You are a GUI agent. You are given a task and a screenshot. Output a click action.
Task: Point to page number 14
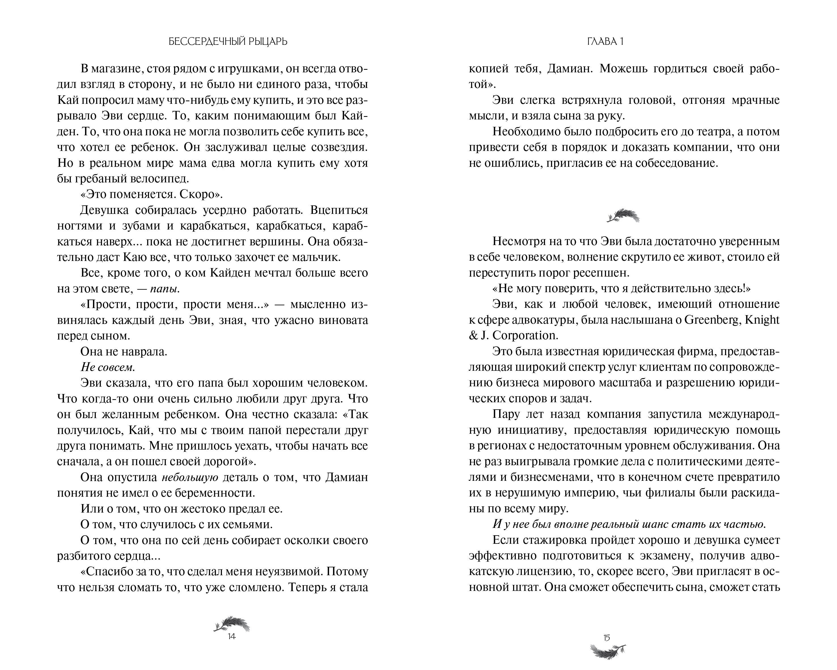pos(231,636)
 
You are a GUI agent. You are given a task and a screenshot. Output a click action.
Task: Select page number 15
pos(606,637)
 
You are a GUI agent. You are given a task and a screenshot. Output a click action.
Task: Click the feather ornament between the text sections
pos(623,216)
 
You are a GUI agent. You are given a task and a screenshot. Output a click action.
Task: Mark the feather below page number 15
pos(608,651)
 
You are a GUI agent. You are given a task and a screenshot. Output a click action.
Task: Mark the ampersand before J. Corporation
pos(473,335)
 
